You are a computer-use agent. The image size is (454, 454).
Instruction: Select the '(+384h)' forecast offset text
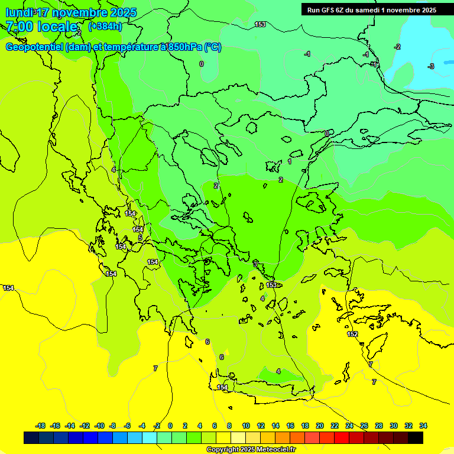point(105,26)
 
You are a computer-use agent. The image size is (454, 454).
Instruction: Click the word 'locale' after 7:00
point(57,27)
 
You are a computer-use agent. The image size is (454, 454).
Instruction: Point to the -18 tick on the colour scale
point(40,426)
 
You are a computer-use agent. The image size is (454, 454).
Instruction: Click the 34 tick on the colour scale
point(423,426)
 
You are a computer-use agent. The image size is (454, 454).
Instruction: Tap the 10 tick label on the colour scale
point(246,426)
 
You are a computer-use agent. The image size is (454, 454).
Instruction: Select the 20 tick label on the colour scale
point(320,426)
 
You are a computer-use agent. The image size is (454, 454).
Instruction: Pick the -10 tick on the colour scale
point(99,426)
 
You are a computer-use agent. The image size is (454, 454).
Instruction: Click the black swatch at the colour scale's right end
point(416,437)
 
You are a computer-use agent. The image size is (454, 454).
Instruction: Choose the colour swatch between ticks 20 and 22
point(327,437)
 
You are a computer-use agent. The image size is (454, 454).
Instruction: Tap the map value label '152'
point(352,334)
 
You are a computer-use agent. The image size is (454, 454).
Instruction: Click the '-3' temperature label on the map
point(431,66)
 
